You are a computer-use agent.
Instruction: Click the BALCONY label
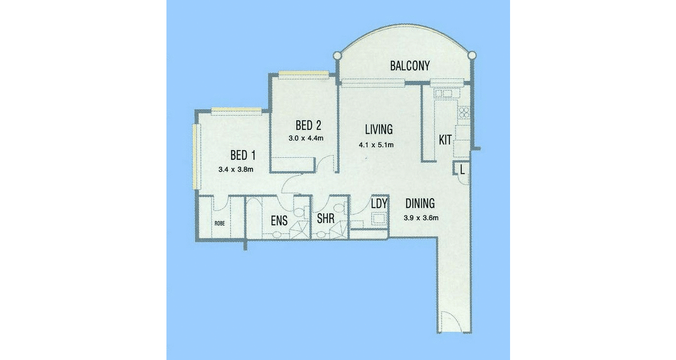pos(410,66)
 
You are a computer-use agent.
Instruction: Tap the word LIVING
pos(379,129)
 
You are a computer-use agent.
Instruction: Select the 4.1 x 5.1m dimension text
pos(376,144)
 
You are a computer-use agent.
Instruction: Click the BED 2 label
pos(308,125)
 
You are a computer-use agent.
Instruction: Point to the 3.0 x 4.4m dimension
pos(306,138)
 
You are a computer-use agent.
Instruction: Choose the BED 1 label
pos(243,156)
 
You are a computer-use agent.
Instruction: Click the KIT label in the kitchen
pos(445,140)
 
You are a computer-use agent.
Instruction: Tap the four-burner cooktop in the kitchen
pos(463,113)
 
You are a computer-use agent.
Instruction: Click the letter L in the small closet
pos(462,169)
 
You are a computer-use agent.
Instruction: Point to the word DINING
pos(420,204)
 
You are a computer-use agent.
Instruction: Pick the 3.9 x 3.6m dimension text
pos(421,218)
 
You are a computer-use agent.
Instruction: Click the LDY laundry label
pos(379,204)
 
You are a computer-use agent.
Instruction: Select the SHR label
pos(326,219)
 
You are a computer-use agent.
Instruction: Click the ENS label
pos(279,221)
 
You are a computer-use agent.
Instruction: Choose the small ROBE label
pos(219,223)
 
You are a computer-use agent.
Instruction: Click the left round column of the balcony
pos(337,56)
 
